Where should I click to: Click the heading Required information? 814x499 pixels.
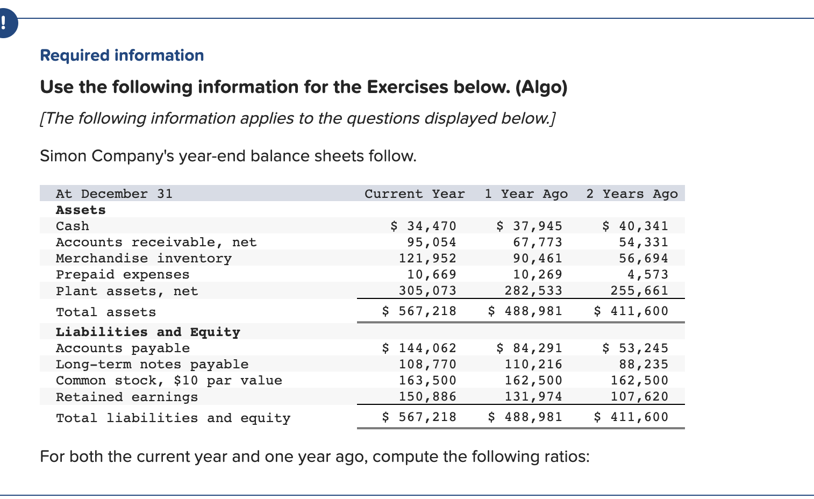pos(122,55)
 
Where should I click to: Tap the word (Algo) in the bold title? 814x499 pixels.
pos(541,87)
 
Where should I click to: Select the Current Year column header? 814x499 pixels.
pos(415,194)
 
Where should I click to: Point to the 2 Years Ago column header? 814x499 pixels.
pos(632,194)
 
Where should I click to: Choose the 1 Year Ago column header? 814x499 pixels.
pos(526,194)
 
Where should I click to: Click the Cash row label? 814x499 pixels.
pos(73,226)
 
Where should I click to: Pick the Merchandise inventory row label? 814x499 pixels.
pos(144,258)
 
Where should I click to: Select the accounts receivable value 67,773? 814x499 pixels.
pos(537,242)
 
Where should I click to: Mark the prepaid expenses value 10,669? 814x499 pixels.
pos(431,274)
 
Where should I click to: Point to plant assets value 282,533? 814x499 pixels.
pos(533,290)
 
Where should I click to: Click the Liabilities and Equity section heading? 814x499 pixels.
pos(148,332)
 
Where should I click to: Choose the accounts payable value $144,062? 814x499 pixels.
pos(419,348)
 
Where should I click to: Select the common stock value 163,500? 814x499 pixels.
pos(427,380)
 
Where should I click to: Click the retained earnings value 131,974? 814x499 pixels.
pos(533,396)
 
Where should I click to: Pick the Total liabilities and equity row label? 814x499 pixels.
pos(173,418)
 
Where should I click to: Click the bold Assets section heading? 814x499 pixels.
pos(81,210)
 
